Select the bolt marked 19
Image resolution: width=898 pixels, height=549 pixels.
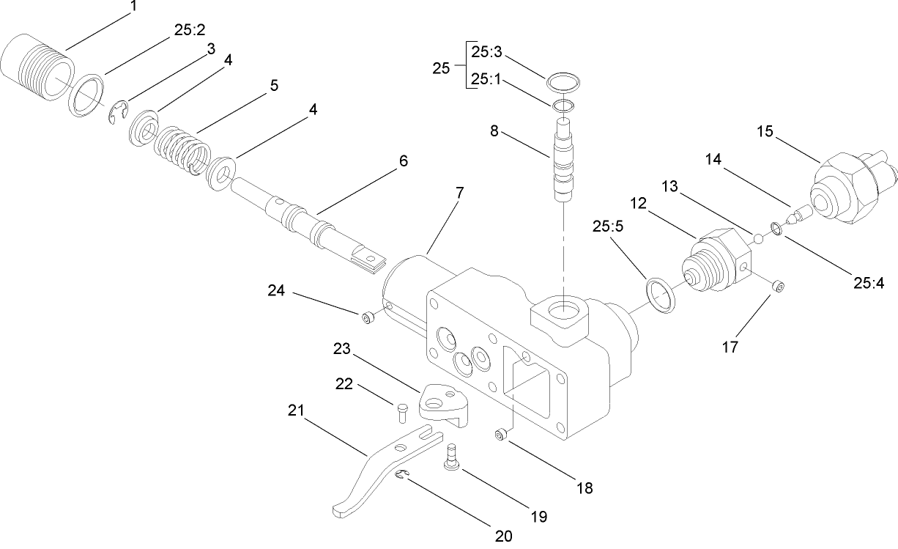(451, 459)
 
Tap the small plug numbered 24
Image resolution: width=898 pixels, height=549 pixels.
(368, 317)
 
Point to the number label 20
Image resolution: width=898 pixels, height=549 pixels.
(502, 536)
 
